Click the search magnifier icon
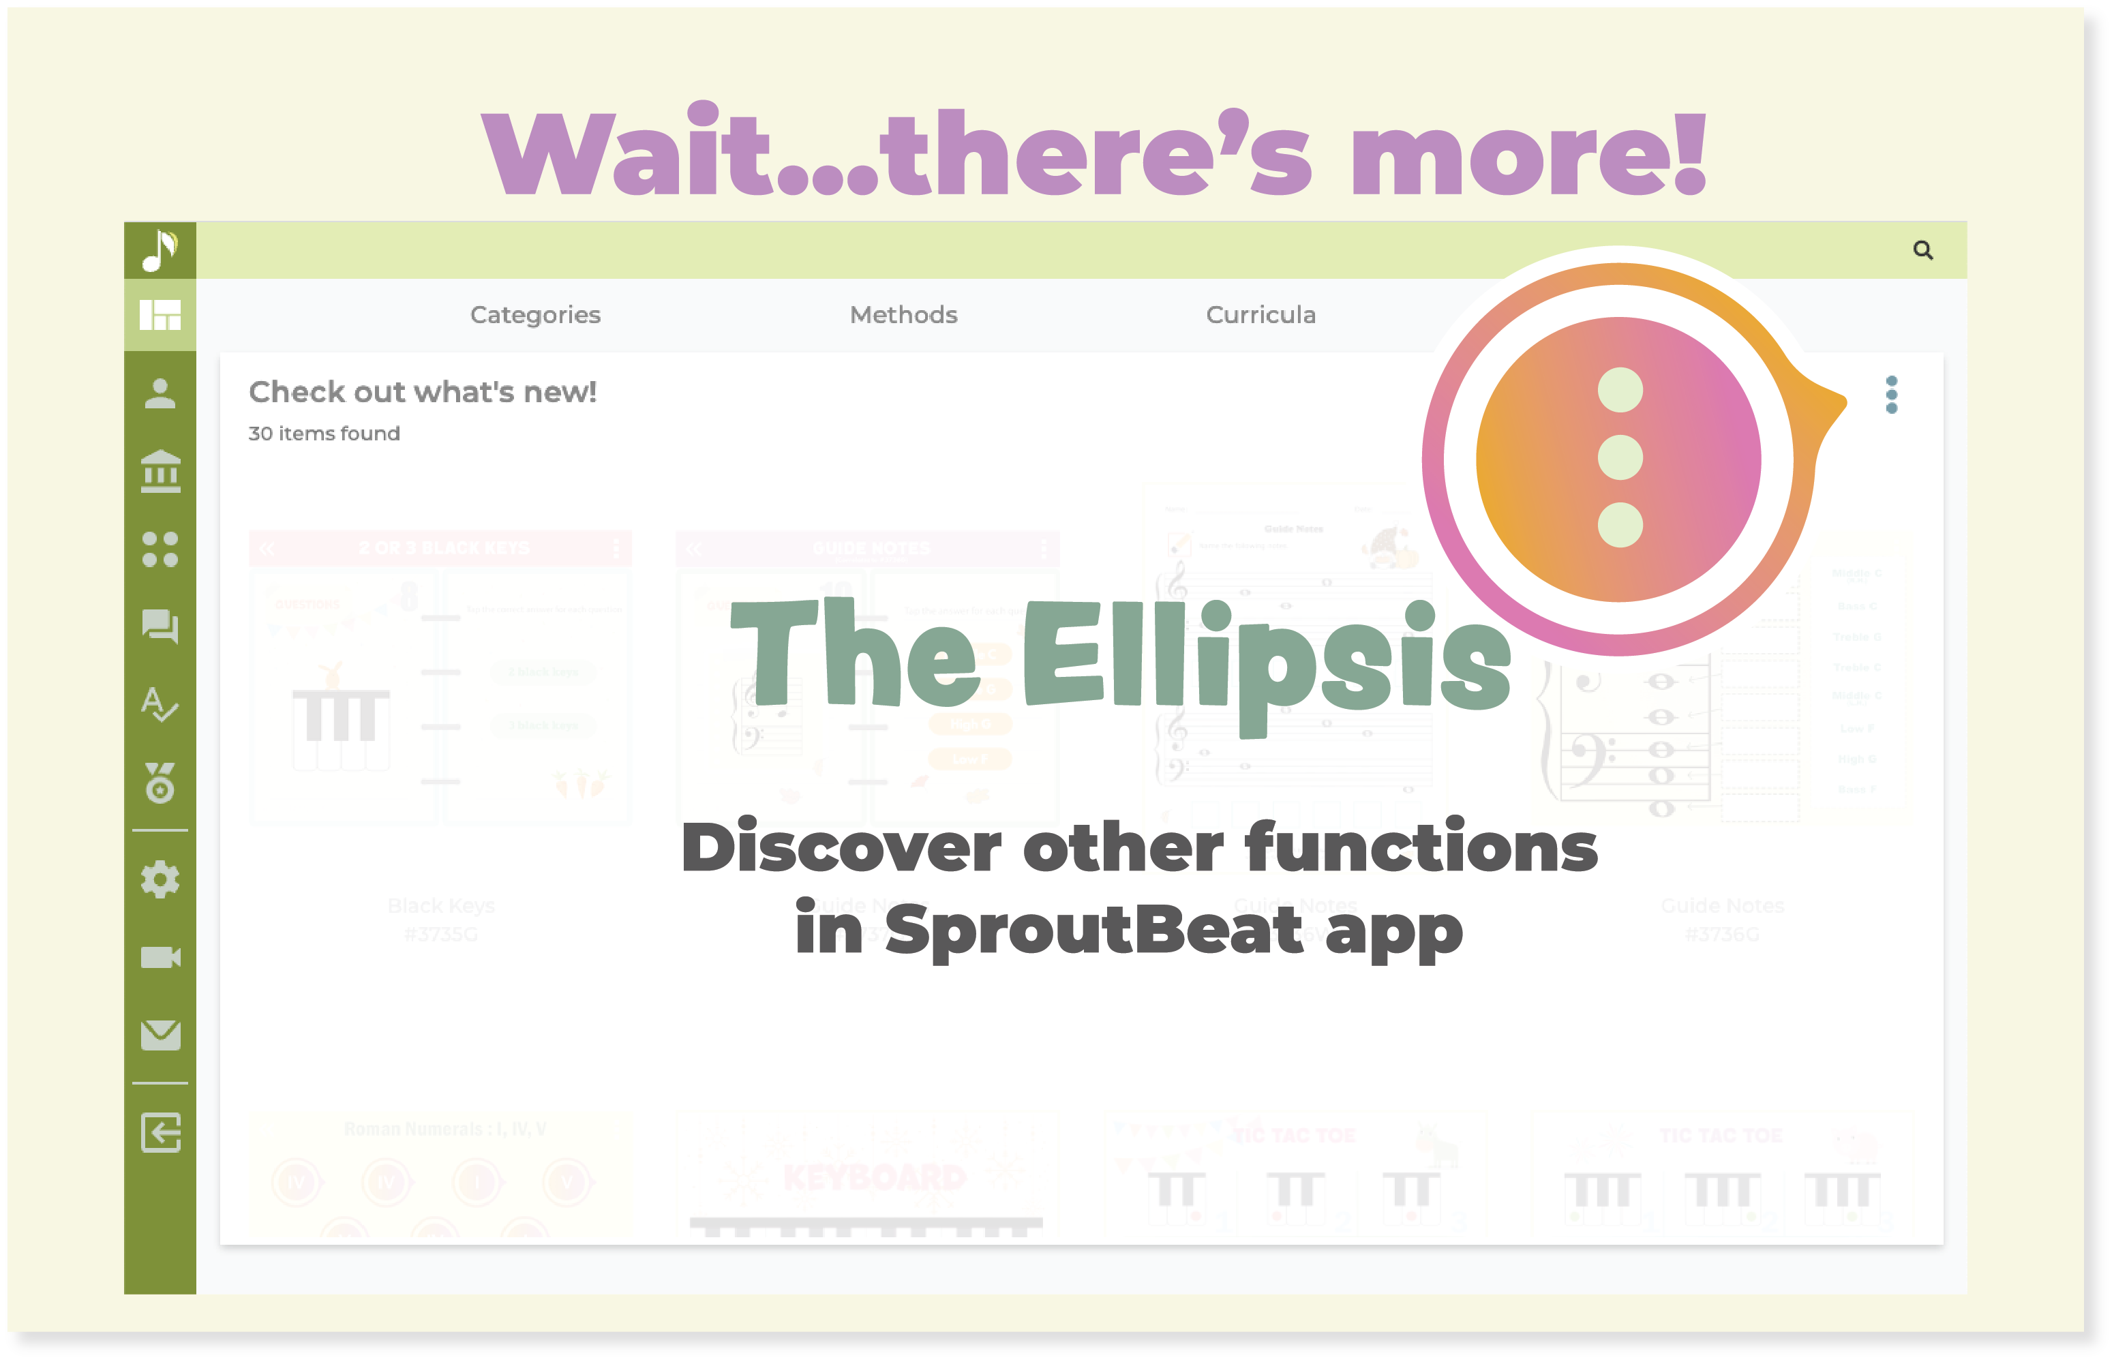[x=1922, y=250]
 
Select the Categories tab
[x=535, y=315]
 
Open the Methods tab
[x=903, y=315]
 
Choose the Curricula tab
[x=1260, y=315]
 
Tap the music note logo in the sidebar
[x=160, y=250]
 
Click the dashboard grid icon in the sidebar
[x=160, y=315]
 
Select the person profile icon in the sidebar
[x=160, y=393]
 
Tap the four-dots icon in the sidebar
[x=160, y=549]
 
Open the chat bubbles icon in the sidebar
[x=160, y=627]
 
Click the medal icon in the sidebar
[x=160, y=783]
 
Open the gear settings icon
[x=160, y=880]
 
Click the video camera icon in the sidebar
[x=160, y=958]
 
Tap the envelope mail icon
[x=160, y=1035]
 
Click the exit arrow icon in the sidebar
[x=160, y=1133]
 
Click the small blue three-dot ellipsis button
[x=1891, y=395]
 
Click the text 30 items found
[x=324, y=434]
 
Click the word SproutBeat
[x=1093, y=930]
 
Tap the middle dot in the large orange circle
[x=1620, y=458]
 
